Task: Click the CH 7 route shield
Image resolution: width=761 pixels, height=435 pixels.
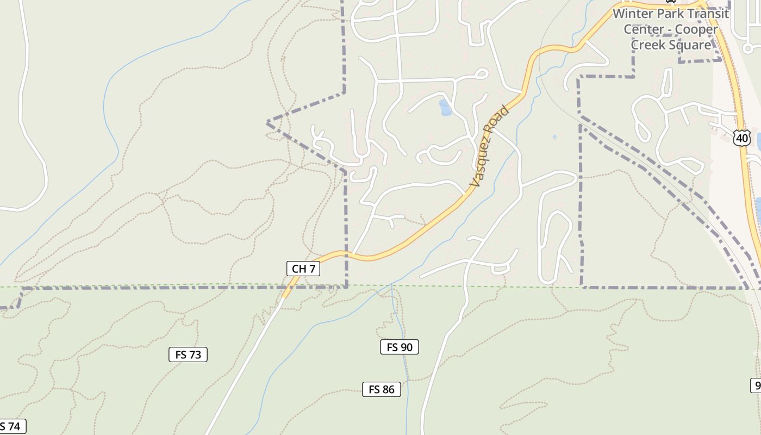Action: pos(303,269)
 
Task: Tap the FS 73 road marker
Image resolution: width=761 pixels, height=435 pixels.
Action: pos(188,355)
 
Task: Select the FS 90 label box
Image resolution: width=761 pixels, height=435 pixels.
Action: pos(400,347)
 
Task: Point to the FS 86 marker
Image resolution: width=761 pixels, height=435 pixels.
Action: pos(382,389)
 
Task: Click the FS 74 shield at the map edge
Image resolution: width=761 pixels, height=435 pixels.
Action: pos(11,427)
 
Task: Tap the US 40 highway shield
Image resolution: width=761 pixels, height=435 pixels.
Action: pos(742,138)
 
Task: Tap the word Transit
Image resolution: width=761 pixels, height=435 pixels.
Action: pos(707,14)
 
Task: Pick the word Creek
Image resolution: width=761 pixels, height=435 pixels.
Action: pos(650,45)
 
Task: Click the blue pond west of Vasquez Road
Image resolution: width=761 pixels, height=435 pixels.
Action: pos(445,108)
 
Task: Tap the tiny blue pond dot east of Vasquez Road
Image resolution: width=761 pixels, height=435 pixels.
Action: pos(554,137)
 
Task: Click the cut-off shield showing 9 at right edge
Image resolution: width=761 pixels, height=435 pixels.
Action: pos(757,386)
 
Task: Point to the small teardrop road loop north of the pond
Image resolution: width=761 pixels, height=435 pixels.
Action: pos(481,73)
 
